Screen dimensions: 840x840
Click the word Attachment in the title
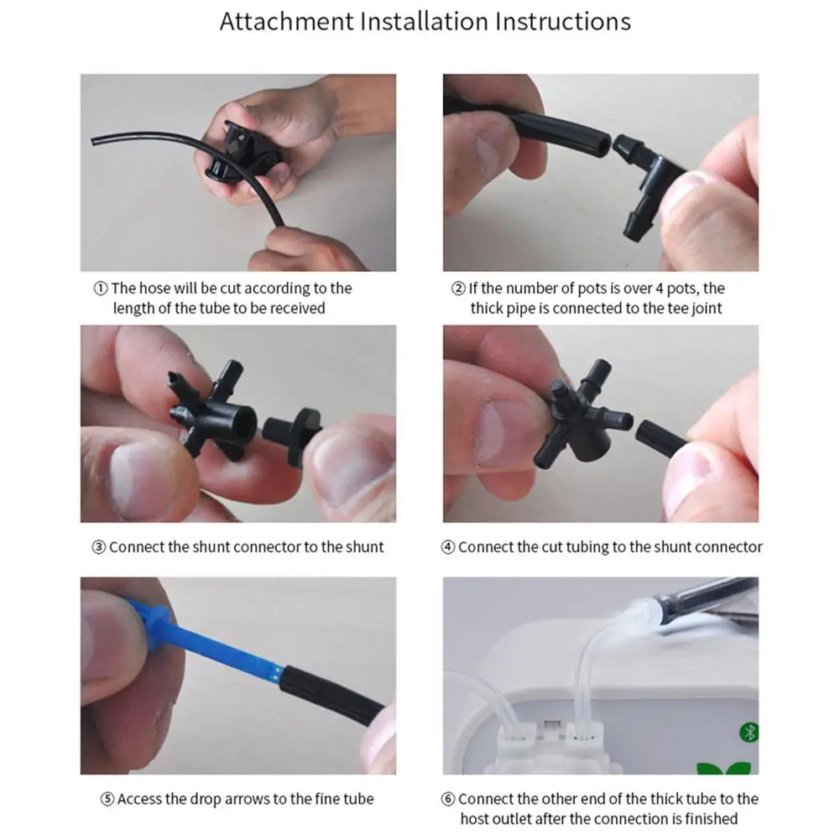[x=287, y=22]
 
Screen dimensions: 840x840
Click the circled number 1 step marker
[x=101, y=288]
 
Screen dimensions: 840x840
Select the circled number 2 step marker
[x=458, y=288]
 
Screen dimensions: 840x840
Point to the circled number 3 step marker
[x=98, y=547]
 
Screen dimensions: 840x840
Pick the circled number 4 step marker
[x=448, y=547]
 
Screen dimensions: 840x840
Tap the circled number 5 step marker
[x=107, y=799]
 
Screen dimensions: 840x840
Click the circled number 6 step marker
[x=448, y=799]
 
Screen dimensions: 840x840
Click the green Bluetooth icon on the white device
[x=749, y=733]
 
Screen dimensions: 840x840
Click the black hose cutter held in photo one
[x=241, y=153]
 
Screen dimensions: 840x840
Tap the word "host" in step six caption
[x=473, y=819]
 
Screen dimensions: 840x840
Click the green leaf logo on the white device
[x=723, y=768]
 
